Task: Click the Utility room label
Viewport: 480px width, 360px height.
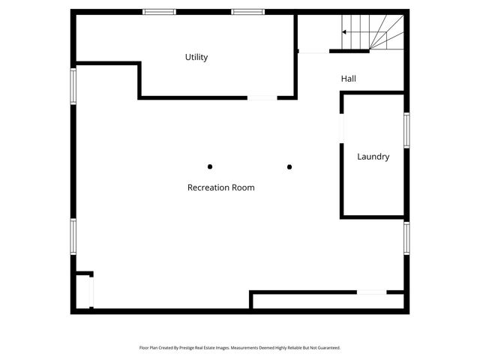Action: click(x=196, y=57)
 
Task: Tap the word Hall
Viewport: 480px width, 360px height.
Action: click(x=348, y=78)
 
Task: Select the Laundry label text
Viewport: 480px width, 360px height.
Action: click(x=373, y=157)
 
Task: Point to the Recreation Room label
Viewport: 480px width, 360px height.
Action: click(x=220, y=187)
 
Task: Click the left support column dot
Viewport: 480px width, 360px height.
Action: click(x=210, y=166)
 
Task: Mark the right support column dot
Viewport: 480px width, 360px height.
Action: click(x=289, y=166)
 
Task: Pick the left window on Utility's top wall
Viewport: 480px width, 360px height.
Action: click(x=159, y=12)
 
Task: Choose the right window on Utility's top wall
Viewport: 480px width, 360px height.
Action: click(x=247, y=12)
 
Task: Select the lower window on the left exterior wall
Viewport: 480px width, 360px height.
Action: click(x=73, y=235)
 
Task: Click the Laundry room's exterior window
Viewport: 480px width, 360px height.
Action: click(x=406, y=130)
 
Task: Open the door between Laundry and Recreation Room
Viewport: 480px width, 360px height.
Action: click(x=341, y=127)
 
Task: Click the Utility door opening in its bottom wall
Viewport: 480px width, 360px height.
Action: click(x=262, y=97)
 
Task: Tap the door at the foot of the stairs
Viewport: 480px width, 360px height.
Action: click(x=313, y=51)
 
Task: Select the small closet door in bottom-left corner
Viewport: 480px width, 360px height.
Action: click(x=91, y=291)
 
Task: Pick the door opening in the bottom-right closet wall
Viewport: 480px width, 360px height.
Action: click(x=371, y=292)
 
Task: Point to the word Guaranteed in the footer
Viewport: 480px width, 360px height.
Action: click(x=327, y=348)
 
